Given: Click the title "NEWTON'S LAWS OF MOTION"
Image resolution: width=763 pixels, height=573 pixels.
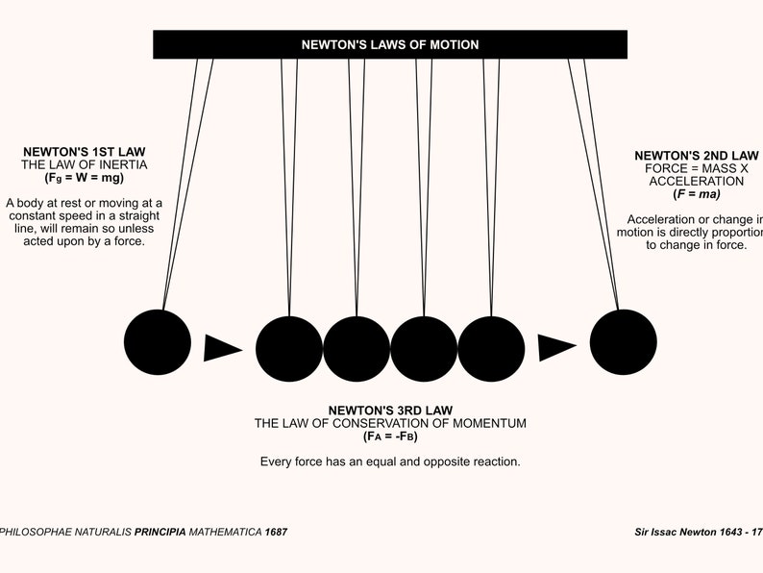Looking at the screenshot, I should click(389, 44).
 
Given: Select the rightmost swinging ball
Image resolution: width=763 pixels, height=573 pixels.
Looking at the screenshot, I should click(623, 342).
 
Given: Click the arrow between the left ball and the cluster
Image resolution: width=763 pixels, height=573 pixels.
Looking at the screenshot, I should click(222, 347).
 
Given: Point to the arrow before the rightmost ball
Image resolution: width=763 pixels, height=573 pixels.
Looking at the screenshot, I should click(555, 347).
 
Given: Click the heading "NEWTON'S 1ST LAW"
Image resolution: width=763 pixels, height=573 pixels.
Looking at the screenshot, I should click(85, 152).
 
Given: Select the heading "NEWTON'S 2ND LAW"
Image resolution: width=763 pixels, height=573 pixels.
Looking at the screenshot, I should click(697, 155).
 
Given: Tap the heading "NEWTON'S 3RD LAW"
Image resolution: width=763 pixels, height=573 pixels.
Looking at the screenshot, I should click(390, 410).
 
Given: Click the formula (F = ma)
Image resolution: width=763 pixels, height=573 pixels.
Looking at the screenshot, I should click(697, 193).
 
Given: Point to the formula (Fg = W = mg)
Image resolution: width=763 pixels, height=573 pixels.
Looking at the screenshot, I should click(85, 178).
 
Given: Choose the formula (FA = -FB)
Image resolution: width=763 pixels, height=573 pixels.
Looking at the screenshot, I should click(390, 436).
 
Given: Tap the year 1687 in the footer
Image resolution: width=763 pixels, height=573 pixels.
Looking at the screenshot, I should click(275, 532).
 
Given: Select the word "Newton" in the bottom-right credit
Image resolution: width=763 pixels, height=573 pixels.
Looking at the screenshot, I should click(702, 532).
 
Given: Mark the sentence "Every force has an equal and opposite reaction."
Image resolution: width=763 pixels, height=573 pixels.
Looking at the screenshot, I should click(390, 461).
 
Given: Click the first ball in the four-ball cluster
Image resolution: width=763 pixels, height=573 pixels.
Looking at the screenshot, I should click(289, 348).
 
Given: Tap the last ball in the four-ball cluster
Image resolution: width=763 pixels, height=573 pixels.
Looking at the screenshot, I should click(491, 348).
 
